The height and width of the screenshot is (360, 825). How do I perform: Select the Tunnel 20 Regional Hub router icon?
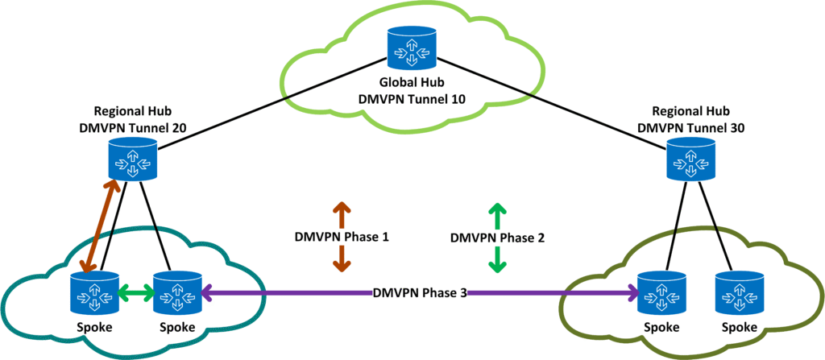pyautogui.click(x=133, y=159)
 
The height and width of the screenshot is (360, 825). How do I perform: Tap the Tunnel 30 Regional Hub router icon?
pyautogui.click(x=690, y=159)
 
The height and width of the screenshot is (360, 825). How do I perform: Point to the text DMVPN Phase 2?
pyautogui.click(x=498, y=238)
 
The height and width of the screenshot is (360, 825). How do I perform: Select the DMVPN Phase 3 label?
pyautogui.click(x=420, y=292)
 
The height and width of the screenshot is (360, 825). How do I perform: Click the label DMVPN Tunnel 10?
pyautogui.click(x=410, y=99)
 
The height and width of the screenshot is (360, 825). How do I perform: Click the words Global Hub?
pyautogui.click(x=410, y=83)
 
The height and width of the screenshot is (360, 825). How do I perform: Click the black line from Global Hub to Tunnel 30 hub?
pyautogui.click(x=556, y=102)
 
